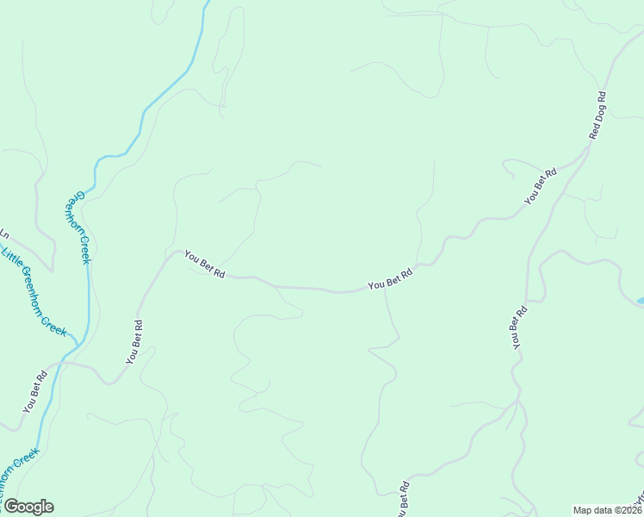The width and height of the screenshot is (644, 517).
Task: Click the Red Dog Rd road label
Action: coord(597,115)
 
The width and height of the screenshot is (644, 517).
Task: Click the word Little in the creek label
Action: coord(11,258)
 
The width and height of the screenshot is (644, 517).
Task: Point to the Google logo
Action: coord(28,507)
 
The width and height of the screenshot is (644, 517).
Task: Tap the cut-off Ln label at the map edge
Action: coord(4,234)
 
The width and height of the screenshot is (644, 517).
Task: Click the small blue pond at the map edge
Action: coord(640,301)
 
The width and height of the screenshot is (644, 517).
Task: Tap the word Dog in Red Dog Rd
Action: coord(598,113)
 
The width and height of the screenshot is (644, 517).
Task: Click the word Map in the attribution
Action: coord(583,510)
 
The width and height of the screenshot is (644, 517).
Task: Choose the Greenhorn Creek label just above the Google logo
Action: coord(19,473)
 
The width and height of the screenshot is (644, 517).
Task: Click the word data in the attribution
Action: coord(603,510)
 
